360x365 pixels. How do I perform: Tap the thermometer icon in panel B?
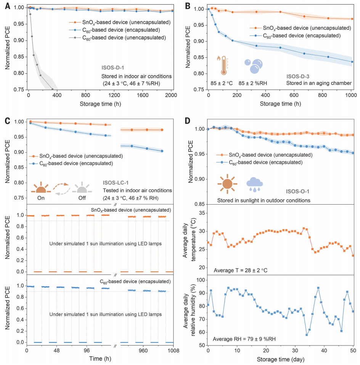point(223,65)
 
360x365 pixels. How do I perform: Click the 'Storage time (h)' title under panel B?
point(280,103)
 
